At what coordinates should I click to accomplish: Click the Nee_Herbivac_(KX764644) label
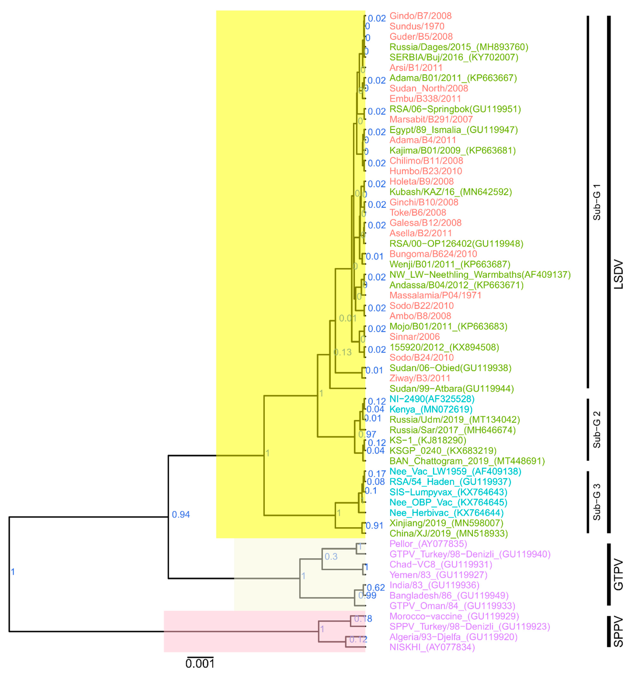coord(446,513)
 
